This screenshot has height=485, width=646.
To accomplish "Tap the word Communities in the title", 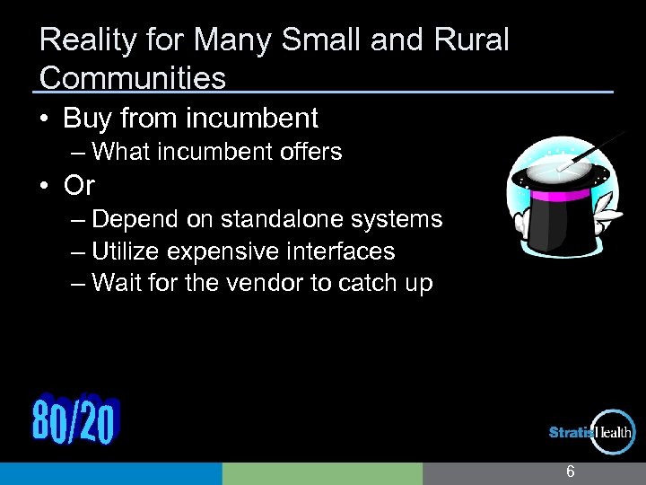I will pos(133,78).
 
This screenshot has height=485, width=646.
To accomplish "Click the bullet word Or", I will pos(79,185).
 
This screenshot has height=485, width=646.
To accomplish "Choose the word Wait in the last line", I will pos(116,283).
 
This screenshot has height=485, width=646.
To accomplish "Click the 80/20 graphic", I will pos(74,419).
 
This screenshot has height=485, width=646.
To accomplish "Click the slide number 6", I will pos(570,472).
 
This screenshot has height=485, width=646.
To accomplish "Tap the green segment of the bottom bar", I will pos(321,473).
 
